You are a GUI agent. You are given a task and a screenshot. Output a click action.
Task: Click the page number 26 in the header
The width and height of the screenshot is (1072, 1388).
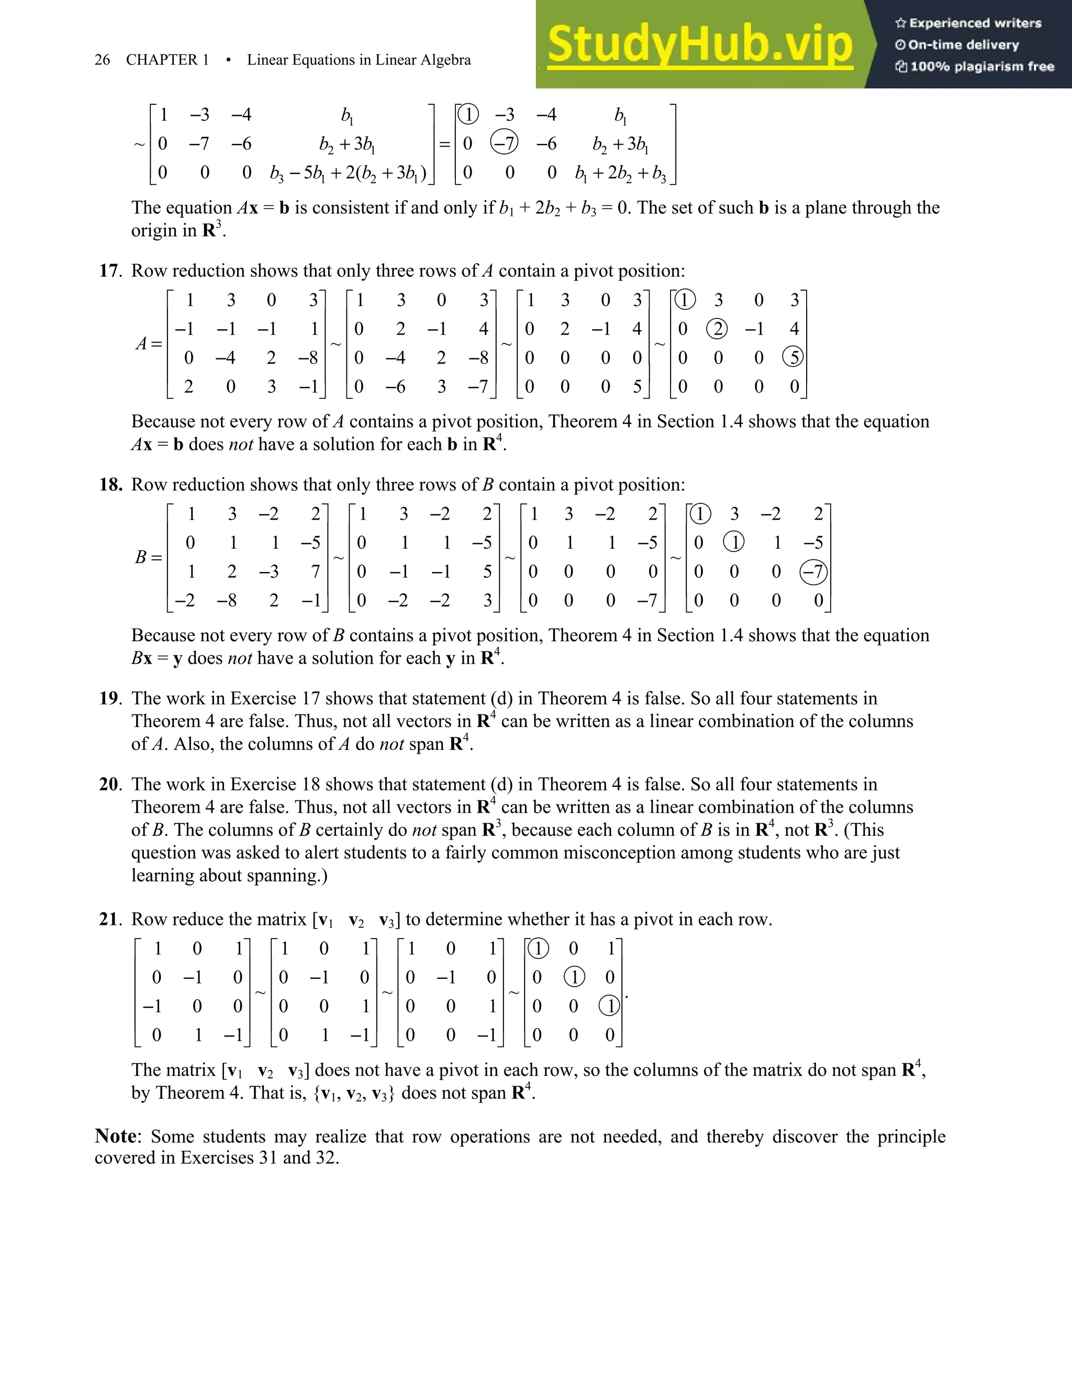click(x=102, y=60)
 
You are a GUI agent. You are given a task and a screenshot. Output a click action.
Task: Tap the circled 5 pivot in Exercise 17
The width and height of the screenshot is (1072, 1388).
click(x=793, y=357)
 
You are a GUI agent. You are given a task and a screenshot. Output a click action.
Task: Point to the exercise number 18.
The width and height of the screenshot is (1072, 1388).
click(x=110, y=485)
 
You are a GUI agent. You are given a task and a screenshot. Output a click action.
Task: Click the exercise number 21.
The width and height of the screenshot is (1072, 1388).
click(x=110, y=920)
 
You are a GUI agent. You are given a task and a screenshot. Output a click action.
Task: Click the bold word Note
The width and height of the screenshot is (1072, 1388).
click(x=116, y=1136)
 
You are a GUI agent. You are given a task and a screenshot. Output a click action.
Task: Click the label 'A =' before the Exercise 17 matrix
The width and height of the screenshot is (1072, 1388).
click(x=149, y=344)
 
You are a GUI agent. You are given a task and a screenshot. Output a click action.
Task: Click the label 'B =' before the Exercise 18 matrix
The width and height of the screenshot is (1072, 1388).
click(x=149, y=557)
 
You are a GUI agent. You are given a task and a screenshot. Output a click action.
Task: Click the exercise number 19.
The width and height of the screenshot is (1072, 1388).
click(x=110, y=698)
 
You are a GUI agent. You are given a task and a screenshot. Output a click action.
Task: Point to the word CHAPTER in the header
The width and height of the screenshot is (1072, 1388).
click(x=161, y=60)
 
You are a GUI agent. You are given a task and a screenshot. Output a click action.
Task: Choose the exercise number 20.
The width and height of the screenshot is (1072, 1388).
click(x=110, y=784)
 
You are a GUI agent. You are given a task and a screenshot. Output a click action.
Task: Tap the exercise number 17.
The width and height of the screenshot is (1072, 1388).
click(x=110, y=271)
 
